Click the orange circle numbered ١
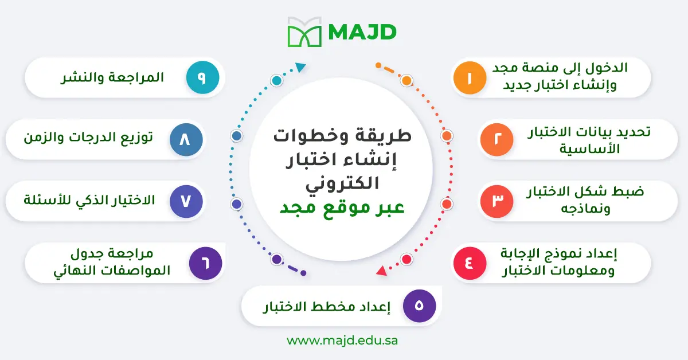[470, 77]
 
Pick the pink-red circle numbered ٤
[470, 263]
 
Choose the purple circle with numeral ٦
[205, 263]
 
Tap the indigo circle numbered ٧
[186, 201]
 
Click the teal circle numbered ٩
[202, 77]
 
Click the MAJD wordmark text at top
[362, 32]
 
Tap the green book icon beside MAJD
[305, 32]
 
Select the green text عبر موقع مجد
[342, 208]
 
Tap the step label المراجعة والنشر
[112, 77]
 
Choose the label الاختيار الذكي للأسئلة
[89, 201]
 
